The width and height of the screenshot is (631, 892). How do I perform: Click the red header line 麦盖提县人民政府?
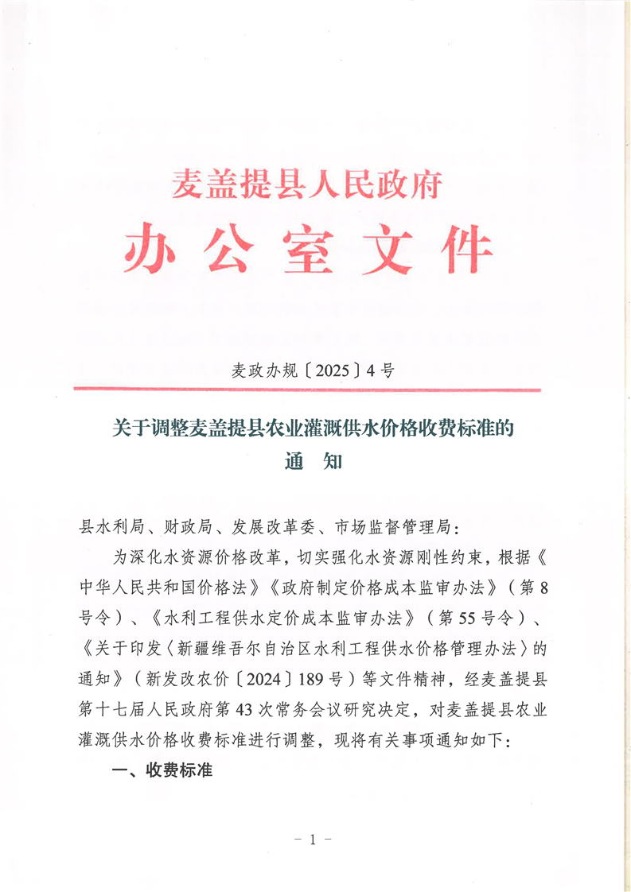click(307, 185)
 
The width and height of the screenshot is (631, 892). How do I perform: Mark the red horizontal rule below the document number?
click(307, 390)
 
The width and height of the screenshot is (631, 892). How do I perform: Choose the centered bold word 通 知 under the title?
click(314, 461)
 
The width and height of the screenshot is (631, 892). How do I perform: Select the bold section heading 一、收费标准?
click(162, 770)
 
